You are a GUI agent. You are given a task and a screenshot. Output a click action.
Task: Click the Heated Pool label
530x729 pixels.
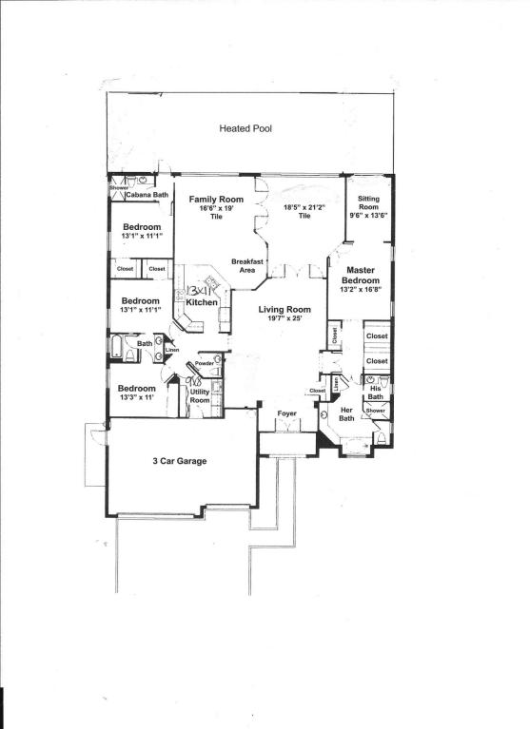(246, 128)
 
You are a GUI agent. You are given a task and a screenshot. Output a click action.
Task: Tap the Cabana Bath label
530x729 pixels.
(147, 195)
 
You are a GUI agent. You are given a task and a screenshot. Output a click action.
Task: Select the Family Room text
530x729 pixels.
(215, 200)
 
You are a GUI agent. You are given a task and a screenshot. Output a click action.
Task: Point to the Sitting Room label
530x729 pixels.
(368, 203)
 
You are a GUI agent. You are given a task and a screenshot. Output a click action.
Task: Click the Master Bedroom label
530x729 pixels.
(361, 276)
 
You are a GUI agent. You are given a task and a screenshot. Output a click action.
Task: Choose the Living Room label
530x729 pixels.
(285, 310)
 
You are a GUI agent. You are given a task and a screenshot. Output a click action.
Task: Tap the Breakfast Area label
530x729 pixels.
(247, 265)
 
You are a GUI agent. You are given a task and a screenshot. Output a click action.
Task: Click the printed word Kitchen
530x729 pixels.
(203, 302)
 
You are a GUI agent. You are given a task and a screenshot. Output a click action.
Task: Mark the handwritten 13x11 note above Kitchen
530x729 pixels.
(203, 289)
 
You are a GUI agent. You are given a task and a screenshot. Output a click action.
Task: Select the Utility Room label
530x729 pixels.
(200, 396)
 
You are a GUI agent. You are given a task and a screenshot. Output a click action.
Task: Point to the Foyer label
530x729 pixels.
(286, 414)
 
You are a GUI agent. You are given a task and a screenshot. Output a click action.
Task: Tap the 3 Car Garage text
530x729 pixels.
(180, 462)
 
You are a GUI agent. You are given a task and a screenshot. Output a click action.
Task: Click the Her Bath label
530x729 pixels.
(347, 414)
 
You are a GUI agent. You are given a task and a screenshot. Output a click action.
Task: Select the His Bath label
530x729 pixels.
(377, 392)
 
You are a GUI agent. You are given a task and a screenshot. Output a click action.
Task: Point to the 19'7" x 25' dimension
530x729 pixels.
(285, 320)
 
